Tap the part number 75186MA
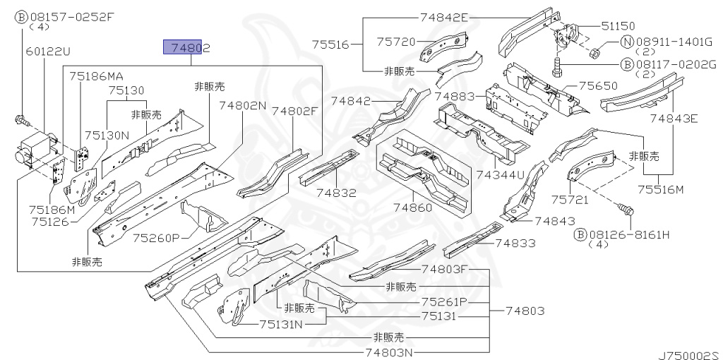(x=96, y=76)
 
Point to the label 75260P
(x=156, y=237)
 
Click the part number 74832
(x=336, y=192)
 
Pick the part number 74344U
(x=500, y=174)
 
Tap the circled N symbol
(x=626, y=42)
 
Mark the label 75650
(x=598, y=85)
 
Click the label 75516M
(x=661, y=189)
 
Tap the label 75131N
(x=280, y=324)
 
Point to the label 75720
(x=395, y=42)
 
